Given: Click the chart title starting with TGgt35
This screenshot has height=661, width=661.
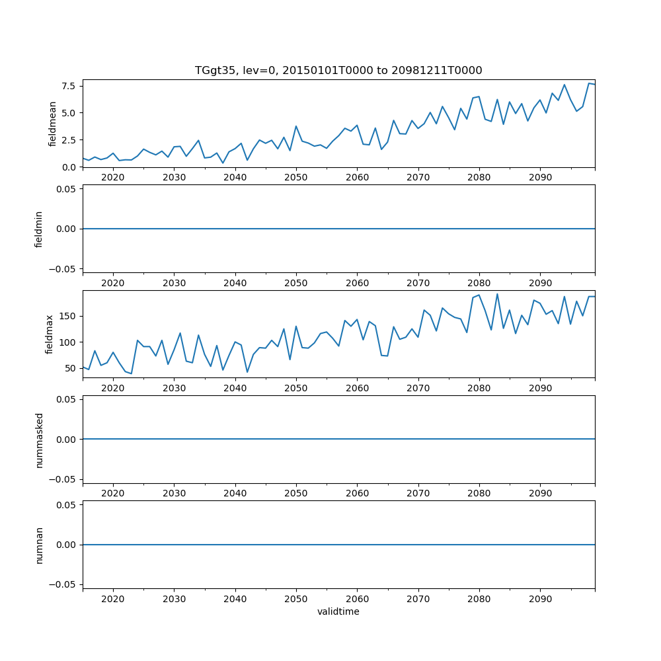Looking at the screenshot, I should [338, 70].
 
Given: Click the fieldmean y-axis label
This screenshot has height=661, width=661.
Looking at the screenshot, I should [52, 124].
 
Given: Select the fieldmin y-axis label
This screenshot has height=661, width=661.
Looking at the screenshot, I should [39, 229].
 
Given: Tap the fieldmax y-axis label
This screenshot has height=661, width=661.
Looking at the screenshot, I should [49, 334].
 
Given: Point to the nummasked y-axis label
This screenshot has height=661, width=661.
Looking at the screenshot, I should [39, 440].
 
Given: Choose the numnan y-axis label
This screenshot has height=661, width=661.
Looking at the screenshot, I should [39, 545].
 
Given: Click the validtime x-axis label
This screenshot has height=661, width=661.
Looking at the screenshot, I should [338, 611].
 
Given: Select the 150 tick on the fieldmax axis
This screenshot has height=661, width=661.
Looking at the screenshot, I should [68, 316].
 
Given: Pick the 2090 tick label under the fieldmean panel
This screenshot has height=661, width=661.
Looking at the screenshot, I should [540, 178].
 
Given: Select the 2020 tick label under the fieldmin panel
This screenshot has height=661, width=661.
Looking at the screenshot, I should [113, 283].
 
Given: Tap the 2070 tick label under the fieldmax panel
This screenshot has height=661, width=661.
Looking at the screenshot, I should [418, 389].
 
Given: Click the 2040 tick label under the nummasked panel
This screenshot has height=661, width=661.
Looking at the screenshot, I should [235, 494].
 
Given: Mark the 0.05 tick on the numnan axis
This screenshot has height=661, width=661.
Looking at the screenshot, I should [67, 505].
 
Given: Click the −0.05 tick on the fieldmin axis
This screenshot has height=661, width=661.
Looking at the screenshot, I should [64, 268].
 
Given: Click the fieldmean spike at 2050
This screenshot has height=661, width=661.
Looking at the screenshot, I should [296, 126].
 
